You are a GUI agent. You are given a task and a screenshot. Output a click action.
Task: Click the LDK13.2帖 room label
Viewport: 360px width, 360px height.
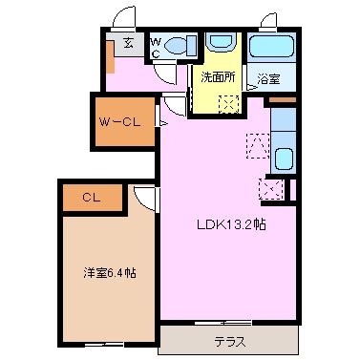[231, 225]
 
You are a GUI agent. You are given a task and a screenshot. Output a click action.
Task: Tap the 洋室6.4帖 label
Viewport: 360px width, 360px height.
[110, 273]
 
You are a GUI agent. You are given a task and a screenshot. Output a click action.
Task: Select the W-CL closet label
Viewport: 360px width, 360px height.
[119, 122]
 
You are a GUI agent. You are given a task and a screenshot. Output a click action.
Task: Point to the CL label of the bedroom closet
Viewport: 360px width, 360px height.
[92, 198]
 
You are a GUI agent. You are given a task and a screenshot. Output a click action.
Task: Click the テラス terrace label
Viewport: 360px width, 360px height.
[230, 342]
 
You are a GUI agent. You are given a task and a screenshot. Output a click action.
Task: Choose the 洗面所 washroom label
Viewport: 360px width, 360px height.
[218, 77]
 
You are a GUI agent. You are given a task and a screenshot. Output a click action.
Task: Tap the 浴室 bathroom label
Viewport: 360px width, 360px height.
[268, 78]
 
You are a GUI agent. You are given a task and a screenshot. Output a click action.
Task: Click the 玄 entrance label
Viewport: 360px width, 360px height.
[128, 43]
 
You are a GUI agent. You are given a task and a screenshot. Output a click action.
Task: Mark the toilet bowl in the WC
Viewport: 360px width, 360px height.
[175, 46]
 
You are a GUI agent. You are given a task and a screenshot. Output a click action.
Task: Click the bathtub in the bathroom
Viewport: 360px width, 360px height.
[271, 47]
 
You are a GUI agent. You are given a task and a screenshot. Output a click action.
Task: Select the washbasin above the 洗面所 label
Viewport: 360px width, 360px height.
[221, 41]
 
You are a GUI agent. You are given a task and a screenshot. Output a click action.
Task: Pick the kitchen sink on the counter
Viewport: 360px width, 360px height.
[284, 159]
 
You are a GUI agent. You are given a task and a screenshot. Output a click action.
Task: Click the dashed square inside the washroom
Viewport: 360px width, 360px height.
[229, 104]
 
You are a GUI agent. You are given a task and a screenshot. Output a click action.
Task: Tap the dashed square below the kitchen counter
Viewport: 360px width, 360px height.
[271, 189]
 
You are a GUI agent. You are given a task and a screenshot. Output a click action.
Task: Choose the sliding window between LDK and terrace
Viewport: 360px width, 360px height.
[222, 323]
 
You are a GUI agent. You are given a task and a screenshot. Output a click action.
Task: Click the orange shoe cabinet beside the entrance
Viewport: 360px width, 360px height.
[110, 57]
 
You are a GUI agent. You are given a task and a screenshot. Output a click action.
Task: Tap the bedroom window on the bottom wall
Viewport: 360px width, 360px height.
[104, 345]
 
